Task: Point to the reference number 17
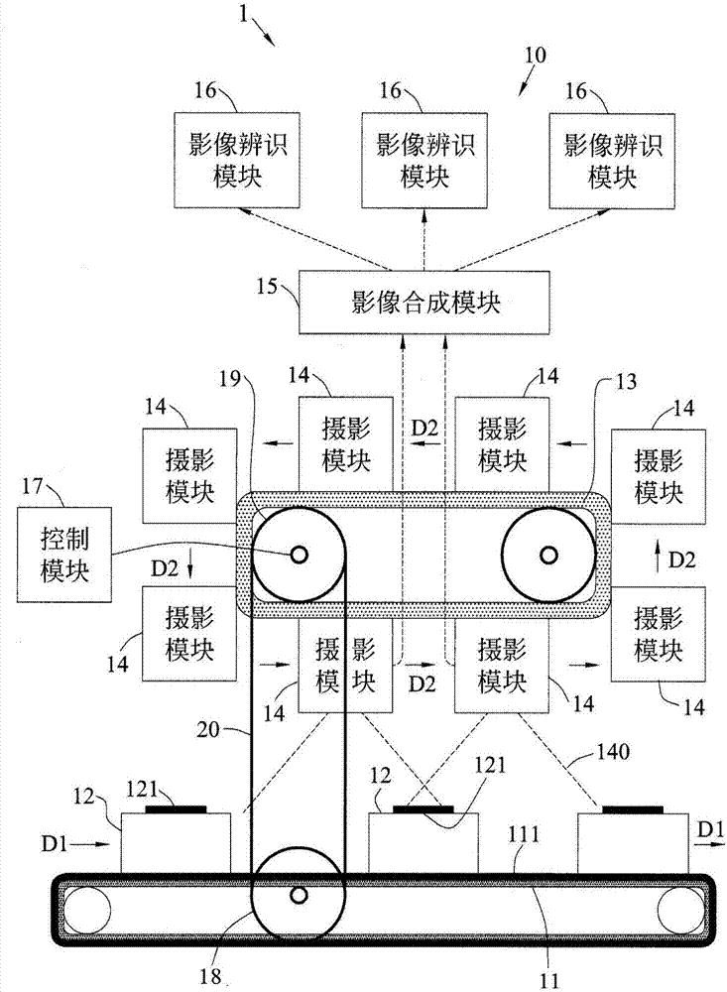tap(33, 488)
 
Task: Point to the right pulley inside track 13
tap(548, 557)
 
